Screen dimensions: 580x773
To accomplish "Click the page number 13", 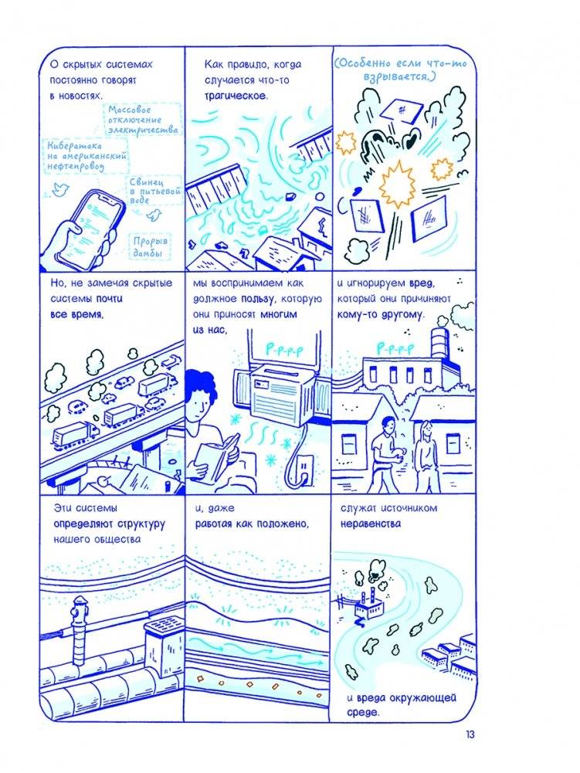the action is coord(470,734).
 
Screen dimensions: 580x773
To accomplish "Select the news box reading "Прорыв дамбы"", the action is coord(150,246).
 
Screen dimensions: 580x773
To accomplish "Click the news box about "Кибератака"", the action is coord(86,155).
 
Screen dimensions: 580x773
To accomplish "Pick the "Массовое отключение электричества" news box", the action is coord(143,119).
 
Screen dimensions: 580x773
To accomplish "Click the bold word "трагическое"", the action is coord(236,96).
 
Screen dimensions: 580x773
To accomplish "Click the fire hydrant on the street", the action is coord(79,631).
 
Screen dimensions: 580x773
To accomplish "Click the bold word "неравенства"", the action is coord(371,524).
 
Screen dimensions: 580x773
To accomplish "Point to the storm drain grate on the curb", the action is coord(165,627).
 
